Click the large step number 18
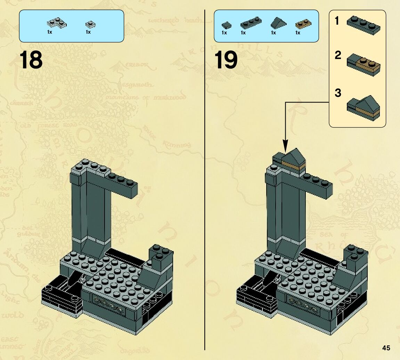coord(31,60)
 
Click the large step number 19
coord(226,60)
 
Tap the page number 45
coord(386,348)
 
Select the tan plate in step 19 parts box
coord(303,24)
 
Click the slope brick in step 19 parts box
coord(278,23)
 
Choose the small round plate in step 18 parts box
coord(90,24)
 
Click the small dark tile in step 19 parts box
coord(226,25)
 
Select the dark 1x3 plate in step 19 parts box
coord(250,23)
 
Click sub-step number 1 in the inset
coord(337,21)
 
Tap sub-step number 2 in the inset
coord(338,55)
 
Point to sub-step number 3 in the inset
coord(338,93)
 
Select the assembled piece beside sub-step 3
coord(363,108)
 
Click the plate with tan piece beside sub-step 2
coord(364,65)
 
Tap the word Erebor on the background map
coord(137,65)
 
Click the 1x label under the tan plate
coord(298,33)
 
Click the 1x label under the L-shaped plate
coord(49,32)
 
